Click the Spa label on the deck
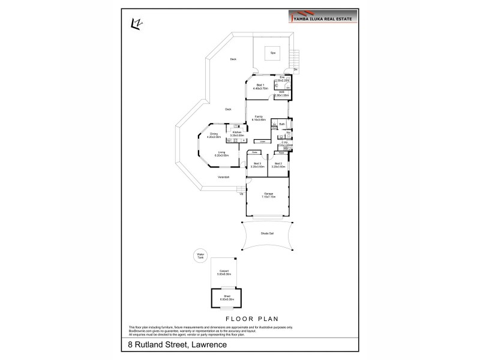tap(271, 53)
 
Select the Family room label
tap(259, 118)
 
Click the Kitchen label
tap(236, 133)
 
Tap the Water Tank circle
tap(200, 256)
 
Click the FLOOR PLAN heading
tap(250, 319)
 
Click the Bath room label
tap(281, 124)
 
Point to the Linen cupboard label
tap(262, 142)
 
